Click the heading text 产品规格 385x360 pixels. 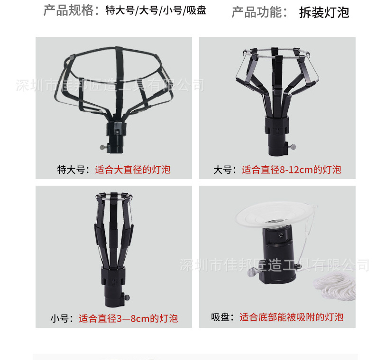[x=68, y=10]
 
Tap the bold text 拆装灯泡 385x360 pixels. [x=324, y=12]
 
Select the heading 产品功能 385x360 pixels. [x=257, y=12]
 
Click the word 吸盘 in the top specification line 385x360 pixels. [x=196, y=10]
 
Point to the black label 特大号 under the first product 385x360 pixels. [x=71, y=170]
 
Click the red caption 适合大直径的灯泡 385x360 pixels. [x=133, y=170]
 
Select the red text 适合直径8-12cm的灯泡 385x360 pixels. [x=292, y=170]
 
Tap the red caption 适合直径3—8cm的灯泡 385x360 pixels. [x=128, y=318]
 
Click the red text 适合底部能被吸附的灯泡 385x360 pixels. [x=291, y=317]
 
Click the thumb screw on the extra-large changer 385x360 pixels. [x=104, y=147]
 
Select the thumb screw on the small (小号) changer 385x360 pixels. [x=127, y=298]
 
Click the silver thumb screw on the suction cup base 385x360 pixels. [x=253, y=272]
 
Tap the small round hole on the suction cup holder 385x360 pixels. [x=281, y=235]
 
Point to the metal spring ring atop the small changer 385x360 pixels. [x=114, y=197]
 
